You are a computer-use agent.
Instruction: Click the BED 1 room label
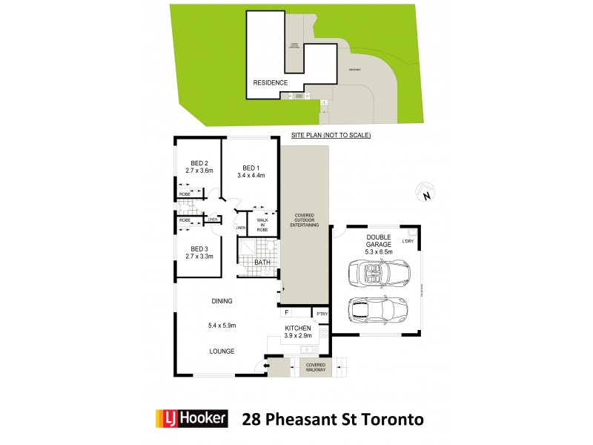(250, 168)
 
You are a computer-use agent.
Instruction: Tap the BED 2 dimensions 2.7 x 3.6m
(199, 171)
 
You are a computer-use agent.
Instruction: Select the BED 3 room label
(199, 248)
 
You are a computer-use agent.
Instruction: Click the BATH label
(262, 263)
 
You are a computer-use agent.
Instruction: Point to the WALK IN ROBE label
(262, 225)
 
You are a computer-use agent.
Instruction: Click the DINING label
(222, 301)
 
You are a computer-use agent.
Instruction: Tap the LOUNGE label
(222, 351)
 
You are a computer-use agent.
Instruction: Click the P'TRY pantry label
(322, 315)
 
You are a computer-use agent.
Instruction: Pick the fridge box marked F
(286, 314)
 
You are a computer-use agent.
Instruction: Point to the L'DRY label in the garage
(407, 241)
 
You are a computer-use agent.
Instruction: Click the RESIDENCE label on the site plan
(270, 83)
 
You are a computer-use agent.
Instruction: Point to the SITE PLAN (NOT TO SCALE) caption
(331, 136)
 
